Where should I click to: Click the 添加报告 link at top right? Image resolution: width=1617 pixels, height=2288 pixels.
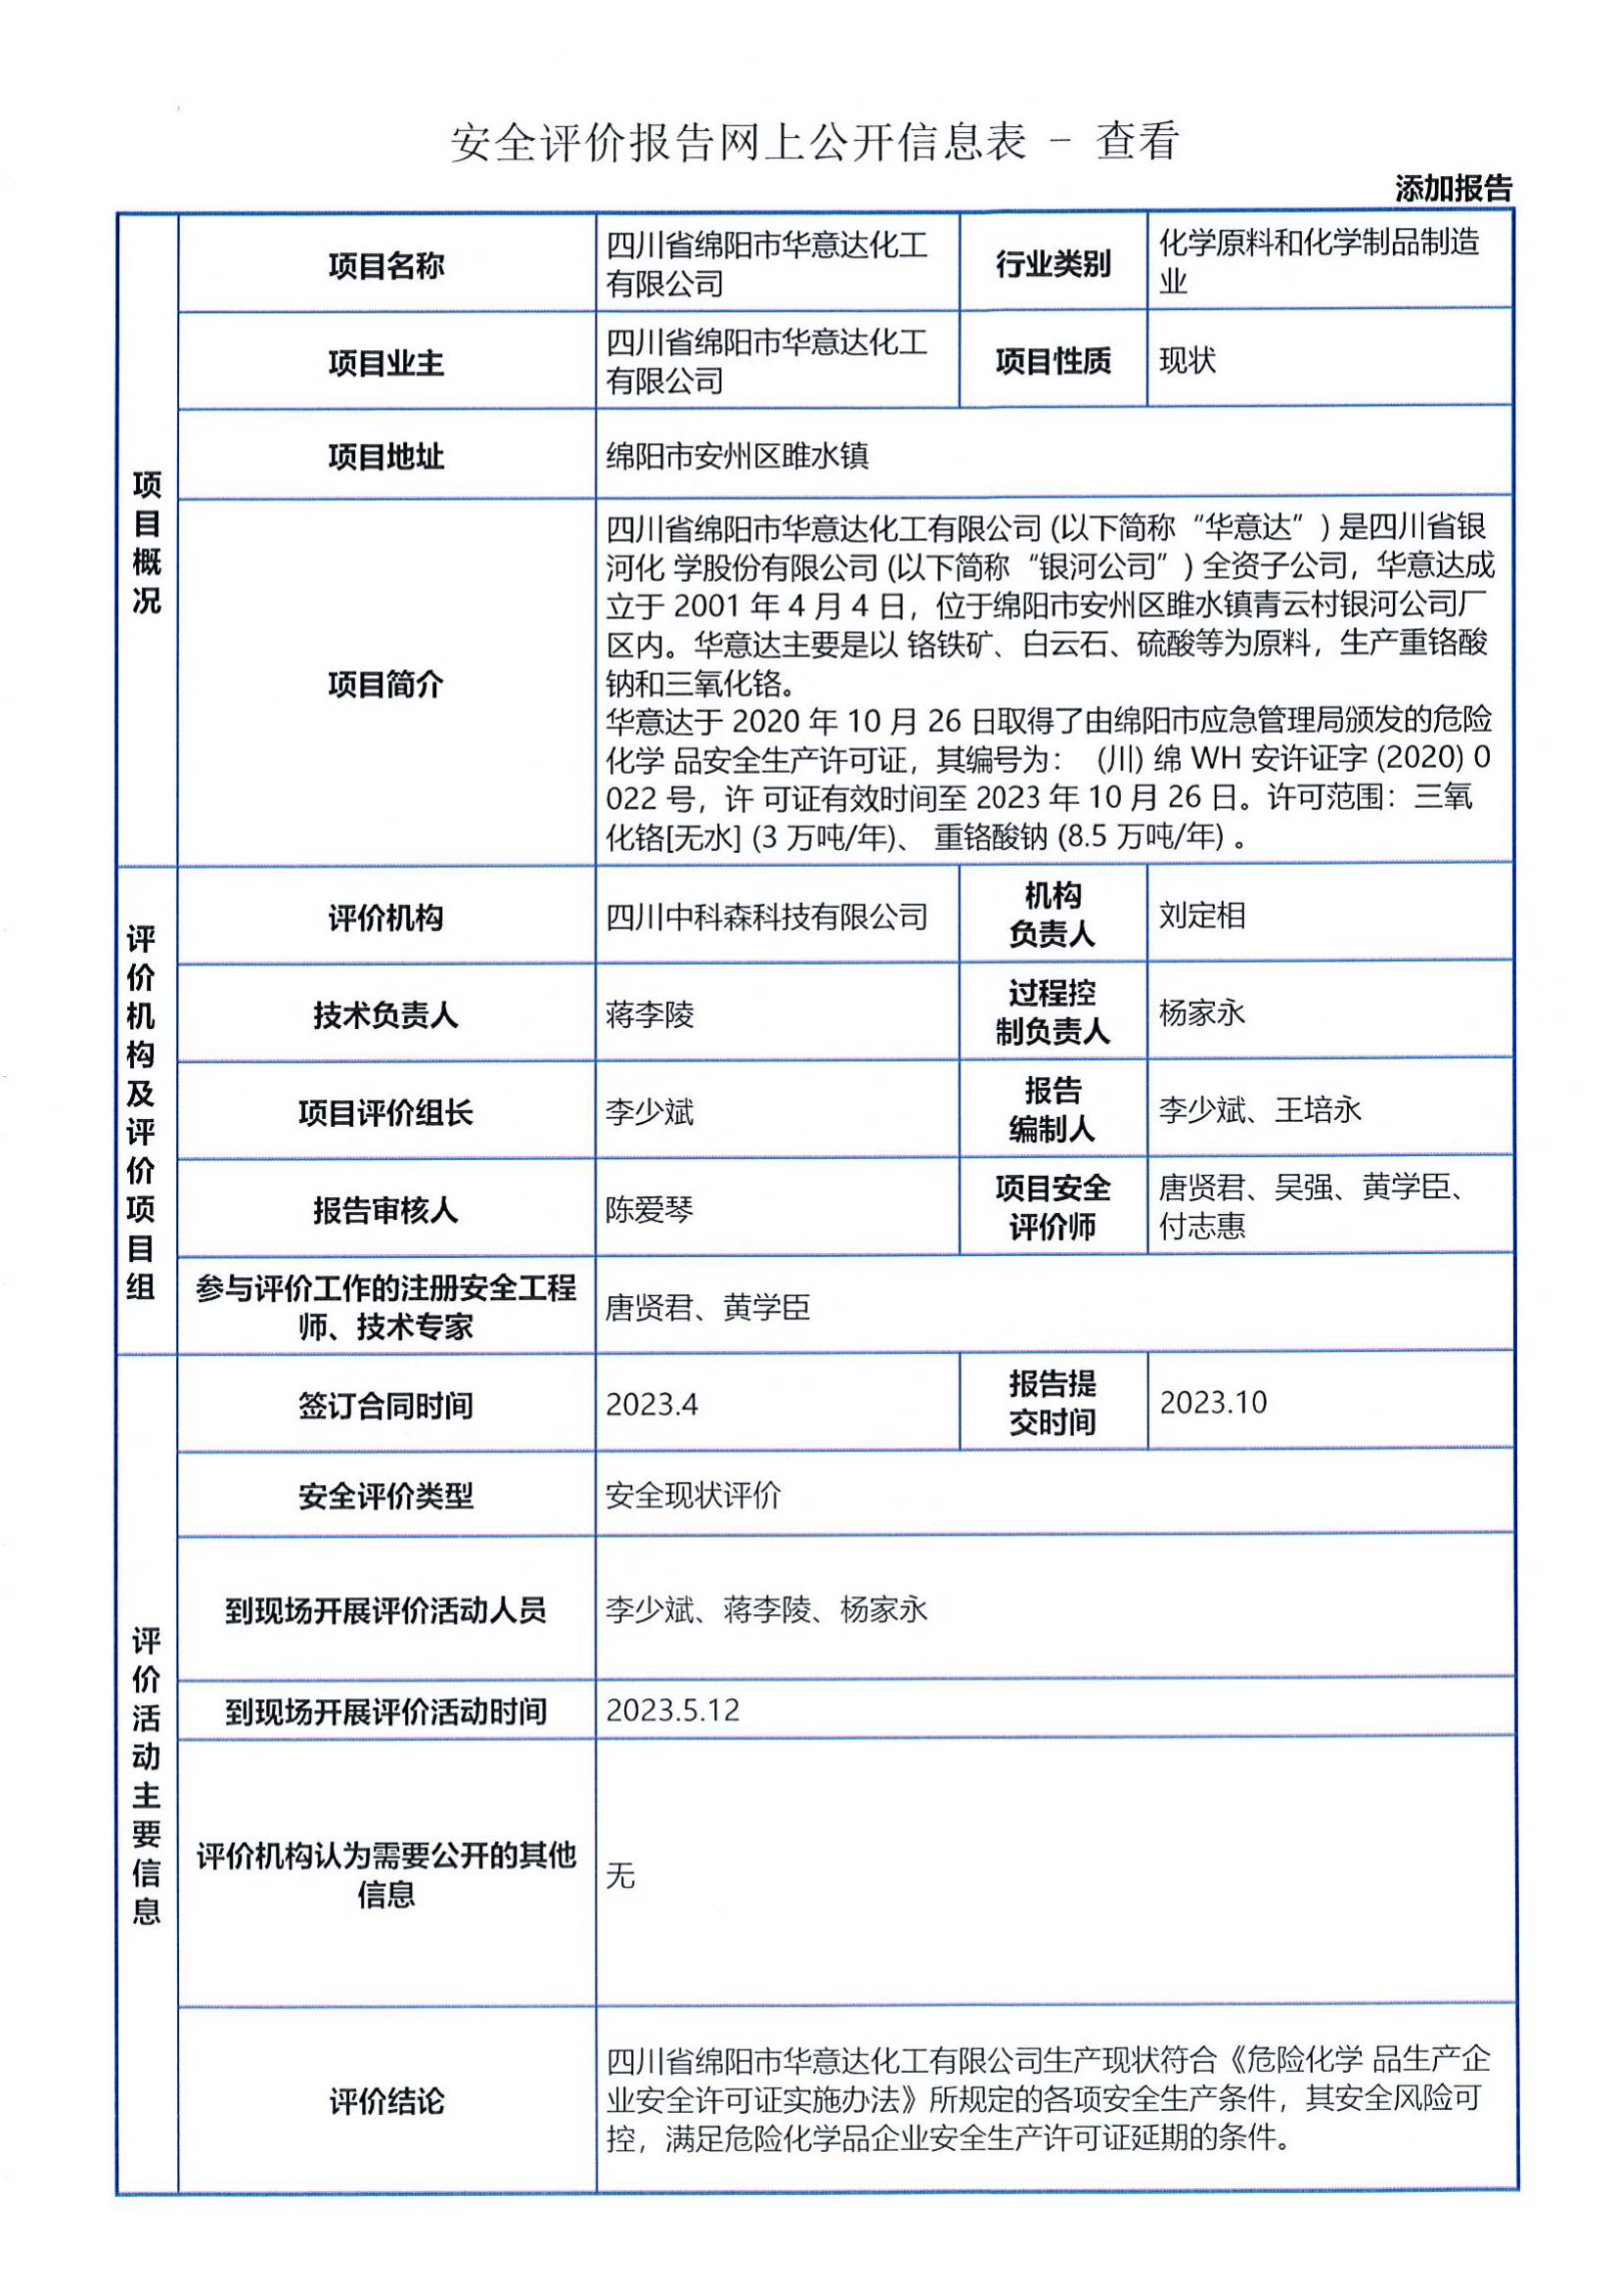click(1453, 189)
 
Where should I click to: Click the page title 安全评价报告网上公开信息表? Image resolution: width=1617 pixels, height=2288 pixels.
click(738, 142)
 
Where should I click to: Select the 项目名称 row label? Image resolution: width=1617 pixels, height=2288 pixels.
click(385, 265)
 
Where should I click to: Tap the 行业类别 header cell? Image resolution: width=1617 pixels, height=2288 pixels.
click(1053, 264)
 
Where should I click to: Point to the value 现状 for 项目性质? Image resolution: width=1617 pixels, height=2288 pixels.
click(1187, 361)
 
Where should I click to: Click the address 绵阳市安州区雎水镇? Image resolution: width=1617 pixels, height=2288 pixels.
click(738, 457)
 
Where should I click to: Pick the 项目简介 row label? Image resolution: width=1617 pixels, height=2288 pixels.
click(385, 684)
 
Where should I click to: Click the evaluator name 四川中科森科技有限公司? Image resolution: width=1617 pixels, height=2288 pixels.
click(766, 917)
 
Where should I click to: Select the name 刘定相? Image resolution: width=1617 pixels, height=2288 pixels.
click(1201, 915)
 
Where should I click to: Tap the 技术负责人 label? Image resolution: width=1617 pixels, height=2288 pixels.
click(385, 1014)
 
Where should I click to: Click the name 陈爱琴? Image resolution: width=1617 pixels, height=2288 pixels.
click(649, 1210)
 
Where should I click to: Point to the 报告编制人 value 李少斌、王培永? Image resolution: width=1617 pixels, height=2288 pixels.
click(1259, 1110)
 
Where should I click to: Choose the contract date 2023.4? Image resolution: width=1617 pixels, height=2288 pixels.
click(651, 1404)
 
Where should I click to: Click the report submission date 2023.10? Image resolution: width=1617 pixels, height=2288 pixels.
click(1212, 1402)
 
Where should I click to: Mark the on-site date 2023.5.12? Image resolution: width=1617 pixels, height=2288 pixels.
click(672, 1710)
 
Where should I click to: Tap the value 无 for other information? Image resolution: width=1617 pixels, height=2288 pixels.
click(619, 1876)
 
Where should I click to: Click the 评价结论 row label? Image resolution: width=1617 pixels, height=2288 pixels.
click(385, 2101)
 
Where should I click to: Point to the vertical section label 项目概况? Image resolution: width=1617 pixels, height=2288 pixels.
click(147, 543)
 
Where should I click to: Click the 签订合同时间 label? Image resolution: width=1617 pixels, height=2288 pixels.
click(385, 1405)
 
